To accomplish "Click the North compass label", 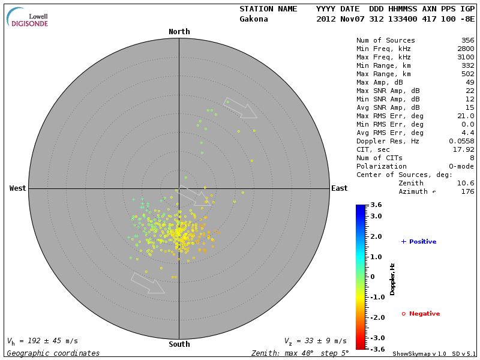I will (x=179, y=32).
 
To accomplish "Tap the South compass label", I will (x=179, y=344).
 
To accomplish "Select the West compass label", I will (x=17, y=188).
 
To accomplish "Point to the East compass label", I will (x=339, y=188).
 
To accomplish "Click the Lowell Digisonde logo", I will (x=29, y=18).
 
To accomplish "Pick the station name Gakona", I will (x=254, y=19).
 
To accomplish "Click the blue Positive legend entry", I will (x=419, y=242).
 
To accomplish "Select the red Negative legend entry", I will (x=421, y=314).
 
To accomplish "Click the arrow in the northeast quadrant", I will (x=240, y=108).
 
